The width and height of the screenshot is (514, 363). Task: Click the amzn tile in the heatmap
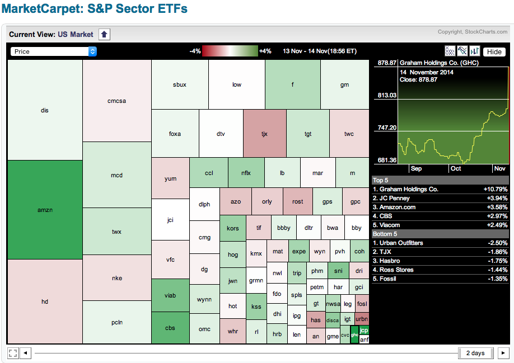click(x=45, y=210)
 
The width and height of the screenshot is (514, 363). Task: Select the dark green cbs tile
click(x=170, y=327)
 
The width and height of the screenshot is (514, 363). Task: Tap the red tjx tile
click(x=265, y=134)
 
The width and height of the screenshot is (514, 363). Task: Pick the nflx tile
click(x=246, y=173)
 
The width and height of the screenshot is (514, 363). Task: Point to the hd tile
click(x=45, y=301)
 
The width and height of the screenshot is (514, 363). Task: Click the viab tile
click(x=170, y=295)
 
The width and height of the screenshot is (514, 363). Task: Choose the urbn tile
click(x=362, y=319)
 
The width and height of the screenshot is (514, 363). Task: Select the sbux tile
click(x=180, y=84)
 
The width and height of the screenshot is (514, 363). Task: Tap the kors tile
click(x=232, y=228)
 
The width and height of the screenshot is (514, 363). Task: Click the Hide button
click(x=494, y=51)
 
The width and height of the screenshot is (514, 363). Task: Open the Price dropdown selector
click(x=54, y=51)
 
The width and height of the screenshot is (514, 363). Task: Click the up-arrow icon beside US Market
click(x=104, y=34)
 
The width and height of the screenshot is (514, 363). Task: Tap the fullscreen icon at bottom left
click(x=13, y=353)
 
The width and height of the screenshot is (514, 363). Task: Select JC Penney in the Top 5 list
click(x=394, y=198)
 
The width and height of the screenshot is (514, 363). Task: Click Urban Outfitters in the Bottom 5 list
click(x=402, y=243)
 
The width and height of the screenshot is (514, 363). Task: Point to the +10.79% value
click(x=495, y=189)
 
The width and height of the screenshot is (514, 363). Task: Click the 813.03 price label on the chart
click(x=387, y=95)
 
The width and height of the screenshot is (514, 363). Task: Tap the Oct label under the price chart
click(x=455, y=168)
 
